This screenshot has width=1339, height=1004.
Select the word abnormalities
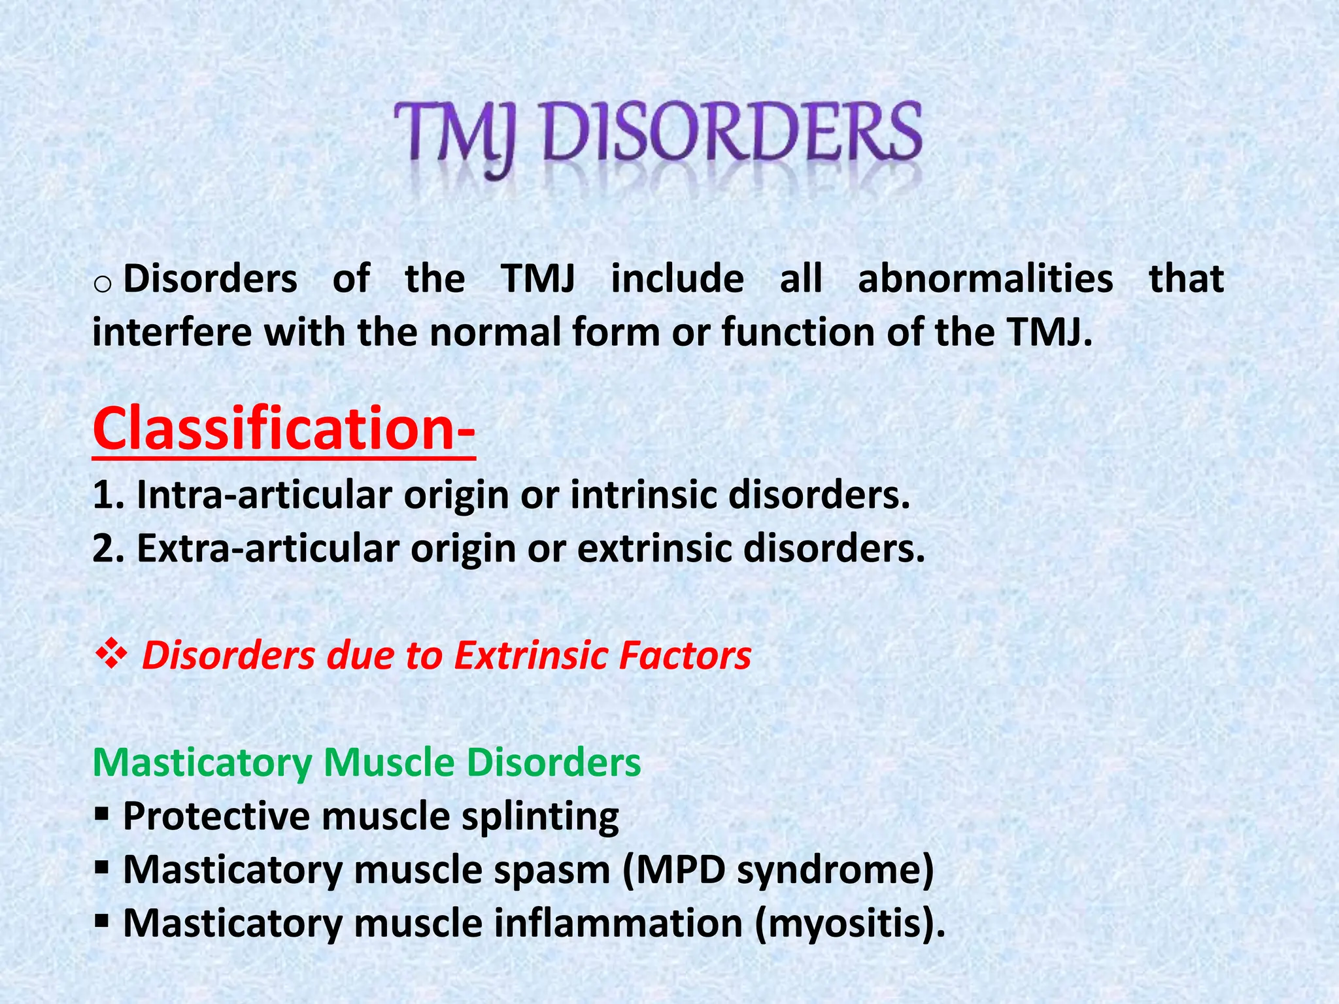coord(985,278)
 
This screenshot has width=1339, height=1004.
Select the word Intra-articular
coord(264,495)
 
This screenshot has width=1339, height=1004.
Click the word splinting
coord(540,817)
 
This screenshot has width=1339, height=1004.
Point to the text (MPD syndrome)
coord(778,871)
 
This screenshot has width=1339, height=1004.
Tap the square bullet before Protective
coord(101,814)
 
